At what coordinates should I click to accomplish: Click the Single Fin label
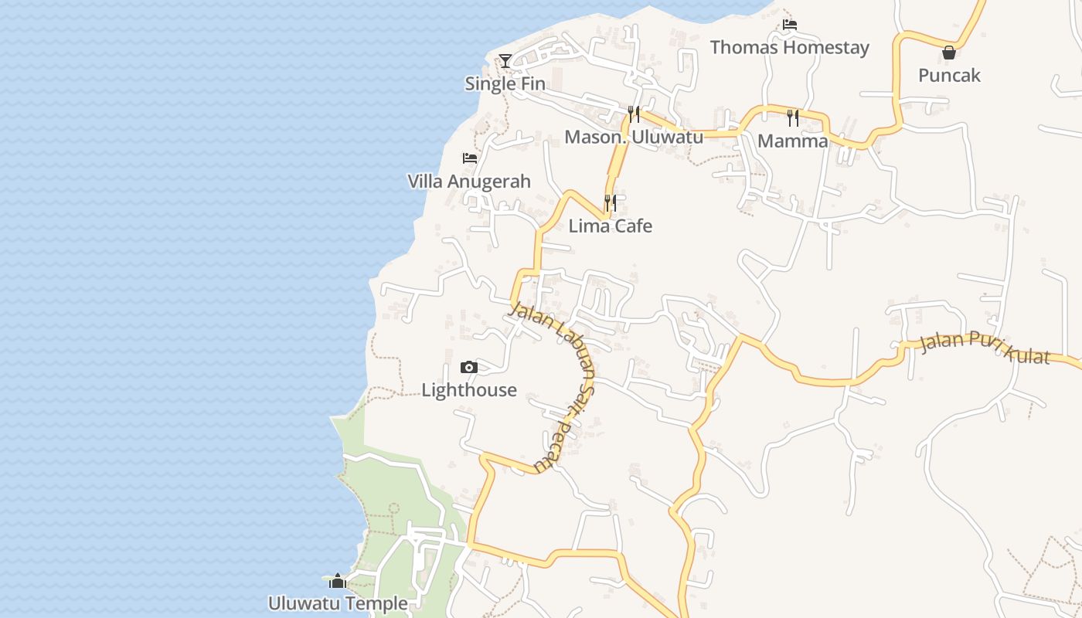tap(505, 83)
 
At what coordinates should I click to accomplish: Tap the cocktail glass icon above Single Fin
tap(505, 60)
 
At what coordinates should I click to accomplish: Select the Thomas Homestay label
tap(789, 47)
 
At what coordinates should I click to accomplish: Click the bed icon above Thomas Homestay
tap(789, 25)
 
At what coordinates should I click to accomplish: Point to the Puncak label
tap(949, 75)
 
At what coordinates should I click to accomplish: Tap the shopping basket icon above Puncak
tap(949, 53)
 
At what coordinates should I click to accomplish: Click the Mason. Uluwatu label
tap(634, 137)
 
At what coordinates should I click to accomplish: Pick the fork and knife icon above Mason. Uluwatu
tap(634, 114)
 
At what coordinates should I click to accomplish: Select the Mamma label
tap(792, 141)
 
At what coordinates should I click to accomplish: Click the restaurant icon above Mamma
tap(792, 117)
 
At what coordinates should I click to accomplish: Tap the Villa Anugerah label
tap(469, 181)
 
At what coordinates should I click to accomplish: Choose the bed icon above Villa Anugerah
tap(469, 158)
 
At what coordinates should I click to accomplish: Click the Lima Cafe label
tap(611, 226)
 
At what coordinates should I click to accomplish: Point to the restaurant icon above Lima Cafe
tap(611, 203)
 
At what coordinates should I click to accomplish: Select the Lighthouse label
tap(469, 389)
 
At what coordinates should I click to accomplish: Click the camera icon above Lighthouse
tap(469, 367)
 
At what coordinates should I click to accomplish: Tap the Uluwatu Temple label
tap(338, 603)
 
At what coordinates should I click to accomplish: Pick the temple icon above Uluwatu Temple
tap(338, 580)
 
